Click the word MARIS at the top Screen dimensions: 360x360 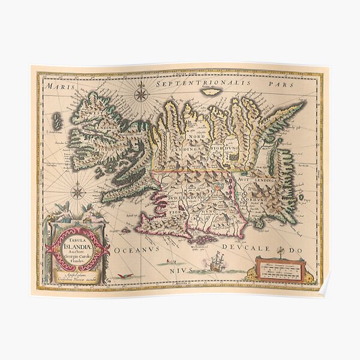[52, 86]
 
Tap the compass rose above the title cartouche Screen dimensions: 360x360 [77, 192]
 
